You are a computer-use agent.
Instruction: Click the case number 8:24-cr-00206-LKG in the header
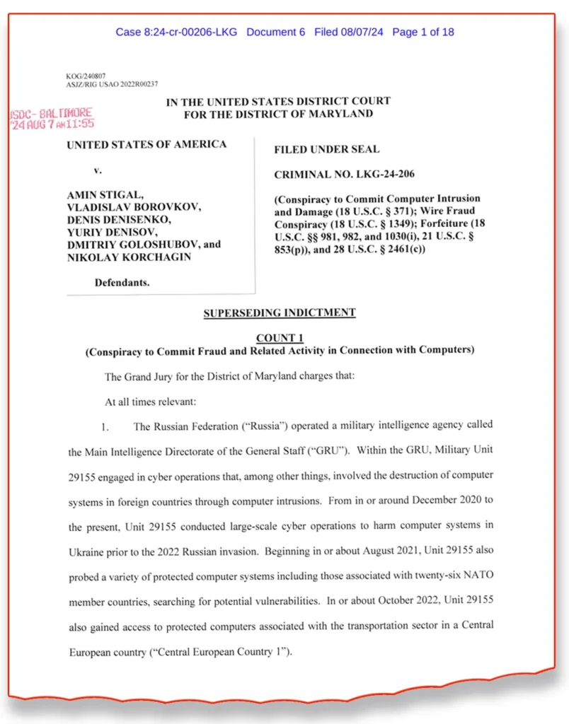(176, 32)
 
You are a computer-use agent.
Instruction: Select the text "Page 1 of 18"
(423, 32)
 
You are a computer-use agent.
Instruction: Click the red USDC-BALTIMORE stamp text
(52, 113)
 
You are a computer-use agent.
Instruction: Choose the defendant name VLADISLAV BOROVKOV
(134, 206)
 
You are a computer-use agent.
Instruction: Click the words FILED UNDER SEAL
(326, 149)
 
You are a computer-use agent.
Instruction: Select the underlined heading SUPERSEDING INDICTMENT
(279, 313)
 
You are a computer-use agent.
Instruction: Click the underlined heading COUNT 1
(280, 339)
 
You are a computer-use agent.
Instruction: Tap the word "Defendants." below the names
(122, 283)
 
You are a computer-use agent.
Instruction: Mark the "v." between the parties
(98, 170)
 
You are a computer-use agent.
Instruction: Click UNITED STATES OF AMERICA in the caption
(146, 144)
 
